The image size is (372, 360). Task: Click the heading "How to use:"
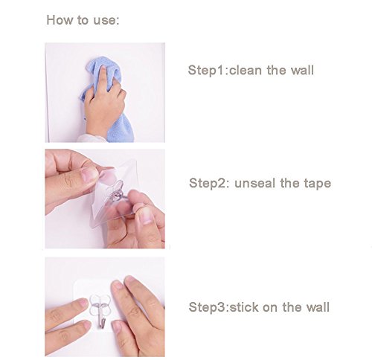click(83, 20)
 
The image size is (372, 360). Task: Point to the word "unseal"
click(255, 183)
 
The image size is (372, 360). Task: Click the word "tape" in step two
click(318, 184)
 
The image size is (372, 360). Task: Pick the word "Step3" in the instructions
click(208, 307)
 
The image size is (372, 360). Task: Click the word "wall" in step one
click(302, 70)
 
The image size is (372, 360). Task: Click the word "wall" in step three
click(318, 307)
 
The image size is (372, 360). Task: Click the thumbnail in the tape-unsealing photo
click(89, 174)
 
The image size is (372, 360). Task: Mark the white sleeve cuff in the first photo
click(92, 138)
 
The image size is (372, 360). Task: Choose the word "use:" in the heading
click(106, 21)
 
